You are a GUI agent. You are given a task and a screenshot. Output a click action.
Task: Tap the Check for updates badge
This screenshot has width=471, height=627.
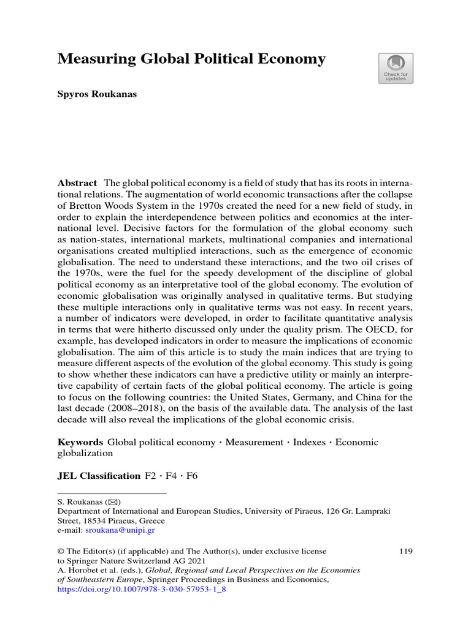[396, 68]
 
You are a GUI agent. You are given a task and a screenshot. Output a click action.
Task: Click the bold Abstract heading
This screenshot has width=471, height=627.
[77, 184]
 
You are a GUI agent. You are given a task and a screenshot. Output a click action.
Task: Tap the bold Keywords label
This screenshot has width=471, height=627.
[80, 443]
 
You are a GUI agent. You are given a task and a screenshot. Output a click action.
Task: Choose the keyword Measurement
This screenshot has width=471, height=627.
[254, 443]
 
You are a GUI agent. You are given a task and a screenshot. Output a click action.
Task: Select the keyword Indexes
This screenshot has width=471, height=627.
[309, 443]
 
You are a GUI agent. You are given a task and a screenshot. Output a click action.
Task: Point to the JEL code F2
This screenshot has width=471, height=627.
[151, 476]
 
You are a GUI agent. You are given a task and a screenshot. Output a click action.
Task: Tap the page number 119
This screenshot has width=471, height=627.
[405, 552]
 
